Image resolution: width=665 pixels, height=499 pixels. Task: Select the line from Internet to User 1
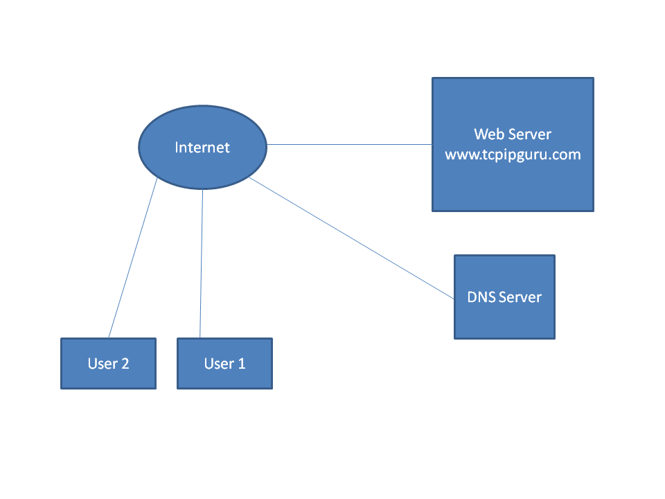point(202,263)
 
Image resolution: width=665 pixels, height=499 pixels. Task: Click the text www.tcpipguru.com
point(513,155)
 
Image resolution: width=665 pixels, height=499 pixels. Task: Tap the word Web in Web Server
point(489,134)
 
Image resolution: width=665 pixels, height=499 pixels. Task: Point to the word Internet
point(202,148)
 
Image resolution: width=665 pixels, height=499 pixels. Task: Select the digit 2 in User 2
point(125,363)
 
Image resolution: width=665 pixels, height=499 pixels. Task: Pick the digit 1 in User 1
point(242,363)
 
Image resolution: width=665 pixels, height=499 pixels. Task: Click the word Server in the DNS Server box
point(520,297)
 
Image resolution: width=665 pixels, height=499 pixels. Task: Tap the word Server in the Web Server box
point(531,134)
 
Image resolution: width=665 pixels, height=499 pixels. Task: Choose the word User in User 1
point(218,363)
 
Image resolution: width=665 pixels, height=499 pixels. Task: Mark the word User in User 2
point(102,363)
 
